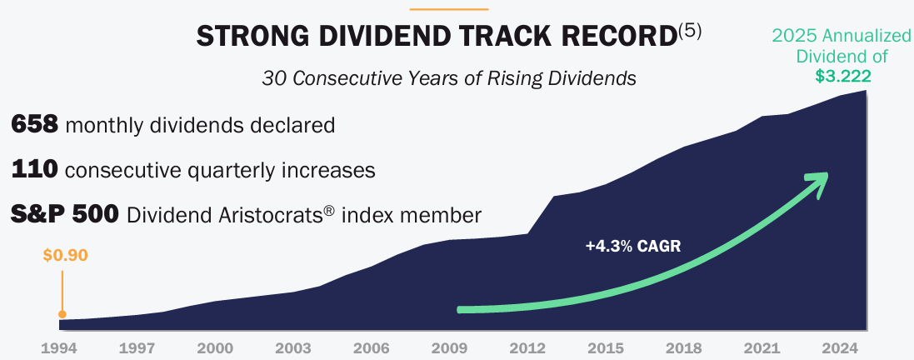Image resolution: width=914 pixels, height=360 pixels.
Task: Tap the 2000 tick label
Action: click(215, 347)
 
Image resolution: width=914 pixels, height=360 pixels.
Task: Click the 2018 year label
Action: click(684, 347)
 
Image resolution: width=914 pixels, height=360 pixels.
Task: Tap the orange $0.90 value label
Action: click(64, 255)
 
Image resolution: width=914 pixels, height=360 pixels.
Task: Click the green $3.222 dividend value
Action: click(843, 76)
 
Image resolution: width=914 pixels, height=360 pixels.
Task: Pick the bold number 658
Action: click(34, 126)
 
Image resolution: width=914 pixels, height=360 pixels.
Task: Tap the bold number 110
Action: click(34, 170)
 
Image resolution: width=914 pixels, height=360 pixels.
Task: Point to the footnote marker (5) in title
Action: click(690, 30)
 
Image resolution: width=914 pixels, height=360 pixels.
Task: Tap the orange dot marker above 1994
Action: click(62, 314)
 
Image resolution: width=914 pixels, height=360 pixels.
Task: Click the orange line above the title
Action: click(450, 9)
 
